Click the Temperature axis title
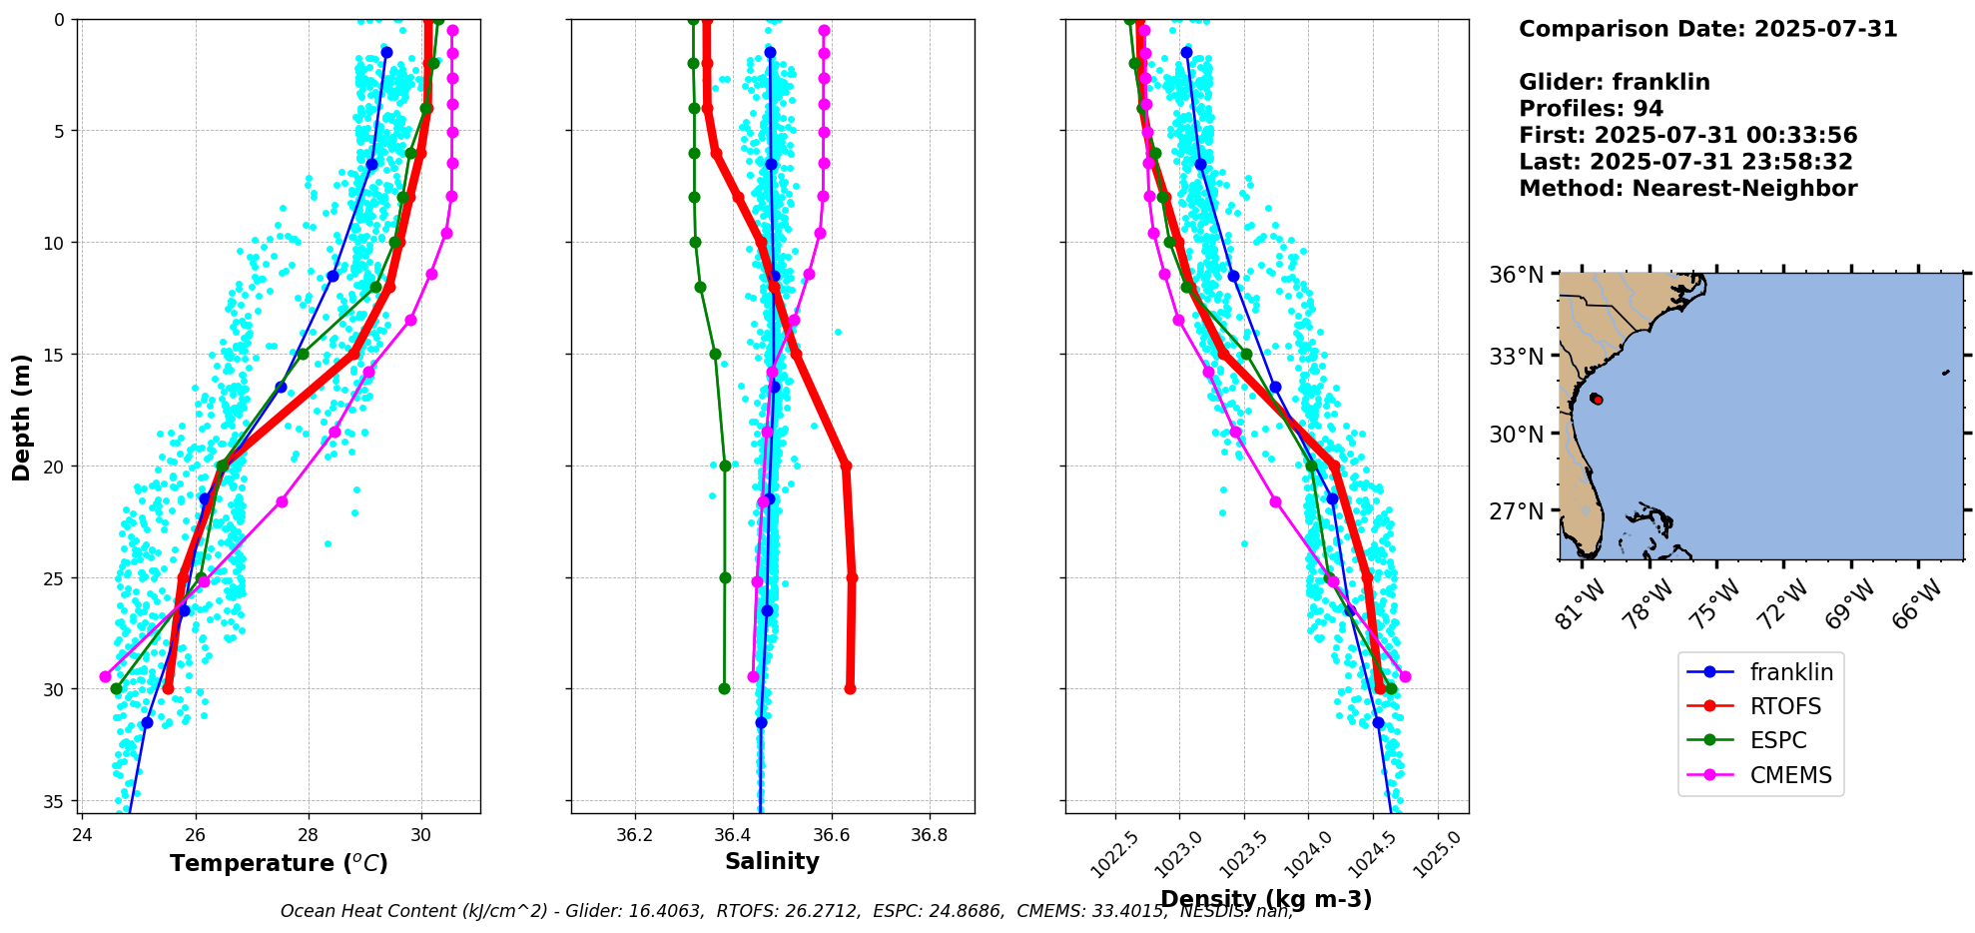[x=279, y=863]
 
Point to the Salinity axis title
[x=772, y=861]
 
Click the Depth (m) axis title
[x=21, y=417]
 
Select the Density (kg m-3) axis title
[x=1265, y=899]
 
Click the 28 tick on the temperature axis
[x=308, y=834]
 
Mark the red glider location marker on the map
[x=1597, y=399]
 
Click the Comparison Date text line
[x=1707, y=29]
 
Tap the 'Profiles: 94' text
[x=1591, y=109]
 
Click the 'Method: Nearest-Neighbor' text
[x=1687, y=189]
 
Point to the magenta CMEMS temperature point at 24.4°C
[x=105, y=676]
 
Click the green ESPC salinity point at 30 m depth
[x=724, y=688]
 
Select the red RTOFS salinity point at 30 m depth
[x=850, y=688]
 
